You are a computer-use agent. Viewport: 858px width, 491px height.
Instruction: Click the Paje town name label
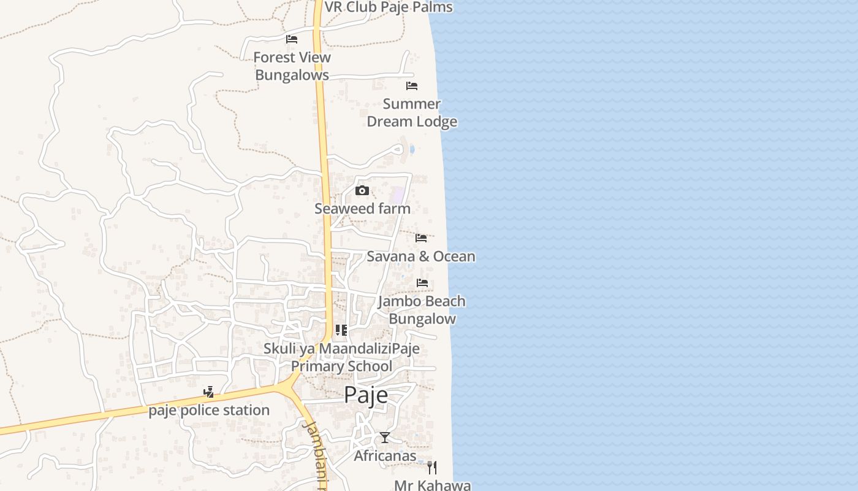[x=366, y=395]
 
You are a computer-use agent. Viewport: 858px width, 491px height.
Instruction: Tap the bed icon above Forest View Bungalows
[x=292, y=39]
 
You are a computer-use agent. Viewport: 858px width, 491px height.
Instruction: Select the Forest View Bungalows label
[x=292, y=66]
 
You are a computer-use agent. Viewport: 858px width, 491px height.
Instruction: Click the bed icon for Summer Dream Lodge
[x=412, y=86]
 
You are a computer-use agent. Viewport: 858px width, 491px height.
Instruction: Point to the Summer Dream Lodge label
[x=412, y=113]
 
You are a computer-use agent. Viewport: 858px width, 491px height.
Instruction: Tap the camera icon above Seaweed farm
[x=362, y=191]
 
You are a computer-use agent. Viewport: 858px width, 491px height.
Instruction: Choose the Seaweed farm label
[x=362, y=209]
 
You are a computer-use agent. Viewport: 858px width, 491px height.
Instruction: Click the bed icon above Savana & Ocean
[x=421, y=238]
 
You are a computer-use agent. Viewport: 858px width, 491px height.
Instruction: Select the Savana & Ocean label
[x=421, y=257]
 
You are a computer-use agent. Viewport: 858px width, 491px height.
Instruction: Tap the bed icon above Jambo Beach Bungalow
[x=422, y=283]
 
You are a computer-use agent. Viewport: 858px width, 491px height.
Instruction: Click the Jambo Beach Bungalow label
[x=422, y=310]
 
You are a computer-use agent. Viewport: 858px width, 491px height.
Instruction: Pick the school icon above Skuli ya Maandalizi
[x=341, y=331]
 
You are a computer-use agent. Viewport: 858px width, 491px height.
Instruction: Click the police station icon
[x=209, y=392]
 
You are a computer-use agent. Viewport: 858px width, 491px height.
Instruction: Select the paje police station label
[x=209, y=410]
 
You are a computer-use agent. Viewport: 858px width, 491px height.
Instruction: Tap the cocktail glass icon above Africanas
[x=385, y=438]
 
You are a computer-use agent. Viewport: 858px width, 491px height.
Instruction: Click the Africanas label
[x=385, y=456]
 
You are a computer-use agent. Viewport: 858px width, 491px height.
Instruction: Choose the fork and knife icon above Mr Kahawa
[x=432, y=468]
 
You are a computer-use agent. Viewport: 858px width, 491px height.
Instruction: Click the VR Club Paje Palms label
[x=389, y=7]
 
